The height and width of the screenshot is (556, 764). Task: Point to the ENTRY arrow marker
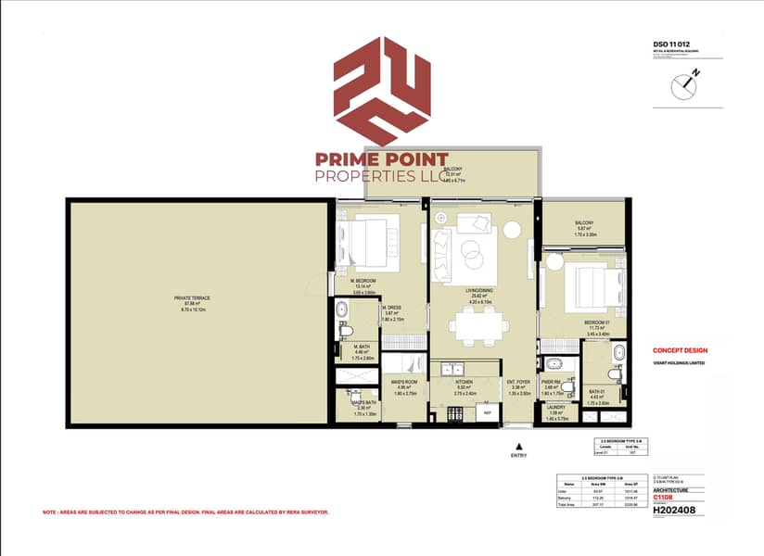tap(516, 446)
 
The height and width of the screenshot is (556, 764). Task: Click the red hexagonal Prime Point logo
tap(381, 90)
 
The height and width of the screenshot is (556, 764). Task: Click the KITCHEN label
tap(464, 383)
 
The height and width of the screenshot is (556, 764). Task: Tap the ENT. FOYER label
tap(516, 383)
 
